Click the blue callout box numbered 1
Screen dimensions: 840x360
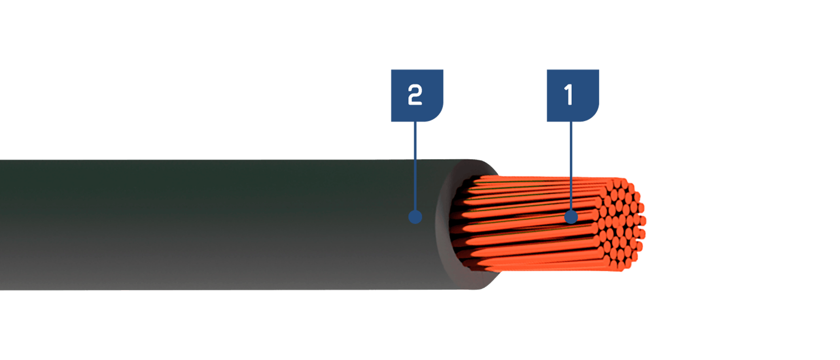tap(573, 96)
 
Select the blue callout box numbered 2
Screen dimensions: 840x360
tap(417, 96)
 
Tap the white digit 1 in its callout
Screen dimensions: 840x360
tap(568, 95)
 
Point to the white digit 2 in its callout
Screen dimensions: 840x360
tap(415, 95)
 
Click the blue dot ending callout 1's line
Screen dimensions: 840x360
tap(571, 217)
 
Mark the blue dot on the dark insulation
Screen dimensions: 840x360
tap(415, 217)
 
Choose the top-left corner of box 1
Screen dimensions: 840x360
tap(547, 69)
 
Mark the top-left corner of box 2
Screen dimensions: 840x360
tap(391, 69)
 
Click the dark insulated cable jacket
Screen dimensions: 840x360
tap(222, 225)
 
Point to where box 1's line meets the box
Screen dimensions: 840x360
tap(571, 122)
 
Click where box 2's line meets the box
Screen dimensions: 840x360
tap(415, 122)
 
